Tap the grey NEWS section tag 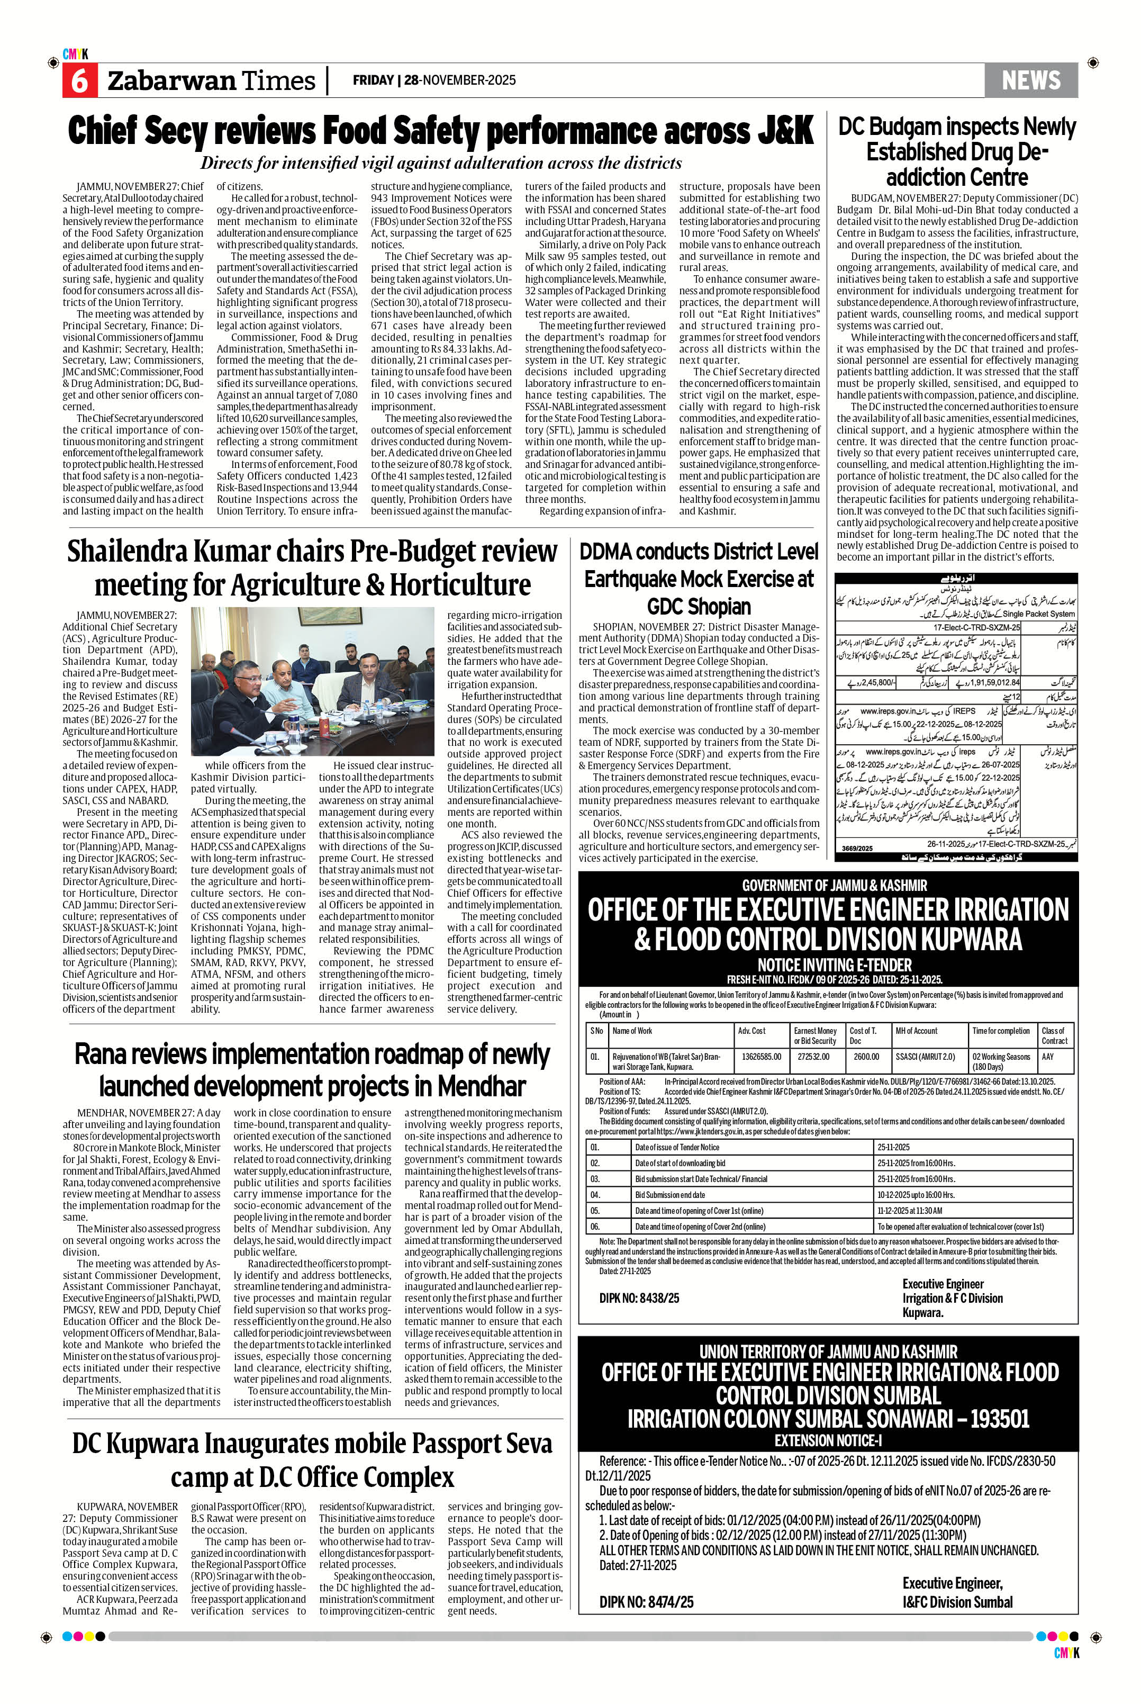point(1030,80)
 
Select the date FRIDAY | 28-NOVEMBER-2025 point(434,80)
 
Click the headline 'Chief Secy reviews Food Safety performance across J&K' point(440,131)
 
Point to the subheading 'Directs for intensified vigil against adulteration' point(441,163)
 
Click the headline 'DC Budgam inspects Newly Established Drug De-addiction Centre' point(956,151)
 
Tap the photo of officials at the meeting point(312,681)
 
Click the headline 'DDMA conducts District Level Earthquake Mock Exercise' point(699,578)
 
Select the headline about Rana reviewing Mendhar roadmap point(312,1070)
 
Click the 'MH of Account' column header point(916,1031)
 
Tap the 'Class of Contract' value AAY point(1047,1056)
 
